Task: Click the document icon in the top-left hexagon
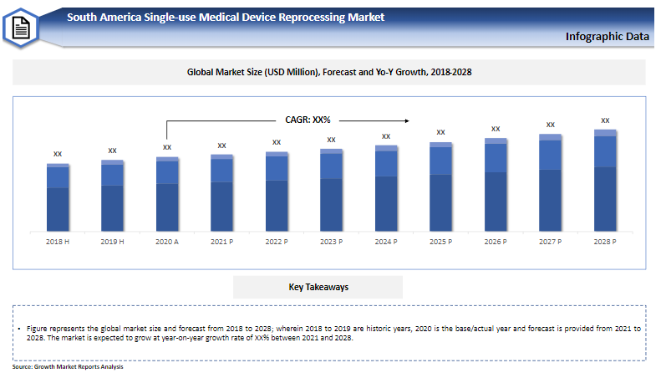[20, 28]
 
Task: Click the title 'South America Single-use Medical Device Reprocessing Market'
[226, 17]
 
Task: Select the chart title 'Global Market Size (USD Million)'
[329, 73]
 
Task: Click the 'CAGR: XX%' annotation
[310, 120]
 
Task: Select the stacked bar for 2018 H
[58, 197]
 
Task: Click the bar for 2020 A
[167, 194]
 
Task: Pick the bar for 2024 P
[386, 188]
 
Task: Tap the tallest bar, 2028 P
[605, 181]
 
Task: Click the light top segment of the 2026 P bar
[496, 141]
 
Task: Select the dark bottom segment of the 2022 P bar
[277, 206]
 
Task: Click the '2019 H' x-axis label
[112, 242]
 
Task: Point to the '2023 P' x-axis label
[331, 242]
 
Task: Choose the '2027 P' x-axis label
[550, 242]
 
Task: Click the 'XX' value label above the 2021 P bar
[221, 146]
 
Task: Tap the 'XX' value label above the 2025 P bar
[440, 132]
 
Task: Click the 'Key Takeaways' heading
[318, 287]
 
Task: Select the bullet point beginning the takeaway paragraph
[19, 330]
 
